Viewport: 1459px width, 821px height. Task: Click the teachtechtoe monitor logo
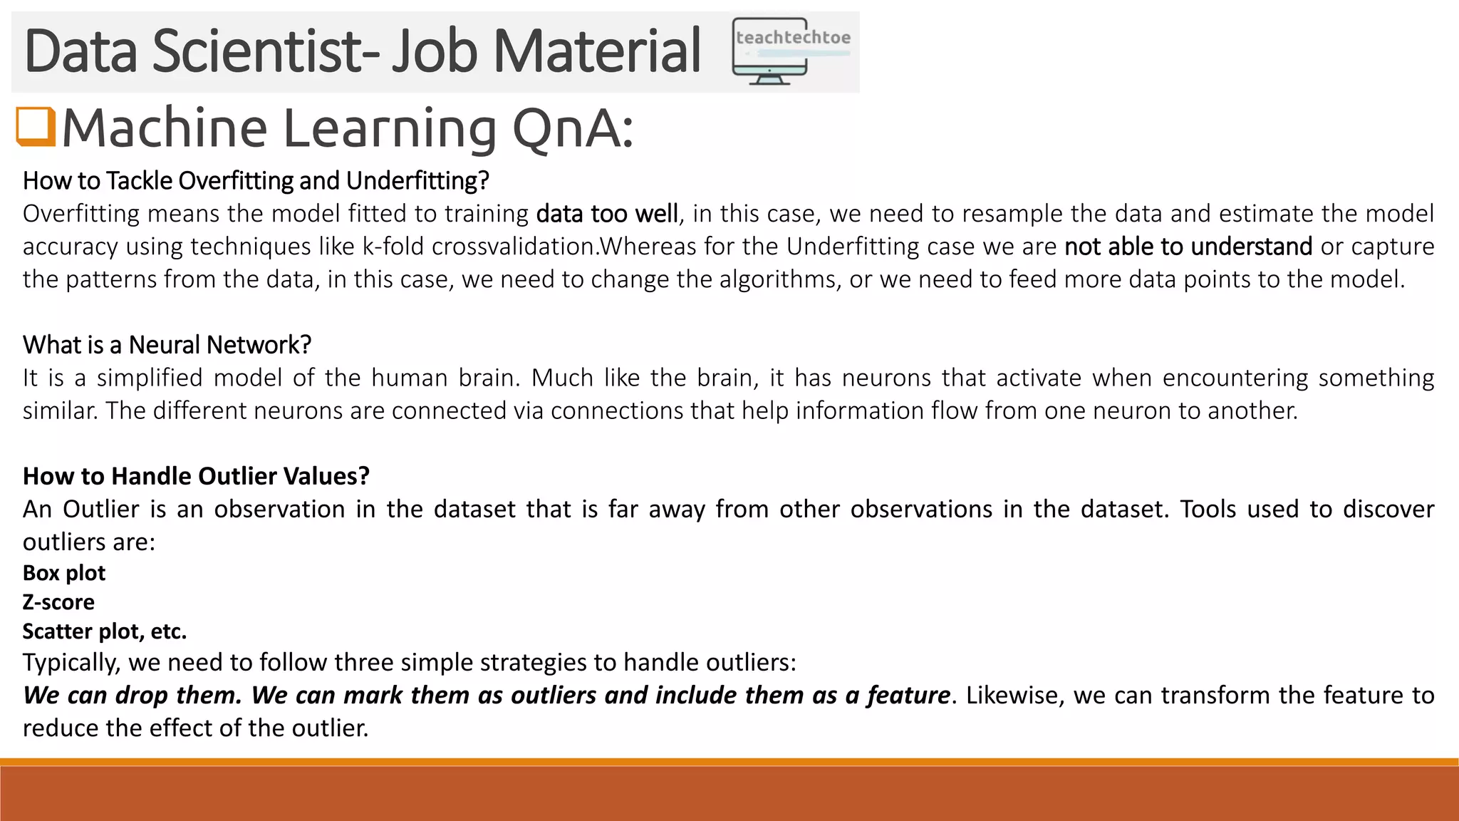[x=791, y=51]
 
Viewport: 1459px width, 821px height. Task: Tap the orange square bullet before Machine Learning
[x=36, y=126]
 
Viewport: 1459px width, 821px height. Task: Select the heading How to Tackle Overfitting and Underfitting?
[x=256, y=181]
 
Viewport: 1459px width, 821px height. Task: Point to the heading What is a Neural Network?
[x=167, y=345]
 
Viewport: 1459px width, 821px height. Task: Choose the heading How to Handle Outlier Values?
[x=196, y=476]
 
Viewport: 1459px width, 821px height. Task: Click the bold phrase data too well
[x=606, y=214]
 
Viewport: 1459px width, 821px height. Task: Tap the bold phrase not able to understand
[x=1188, y=247]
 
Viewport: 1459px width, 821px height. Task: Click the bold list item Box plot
[x=64, y=573]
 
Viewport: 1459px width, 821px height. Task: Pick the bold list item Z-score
[x=58, y=602]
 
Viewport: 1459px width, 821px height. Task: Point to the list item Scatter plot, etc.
[x=105, y=631]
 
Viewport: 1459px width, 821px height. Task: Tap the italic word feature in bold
[x=908, y=695]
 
